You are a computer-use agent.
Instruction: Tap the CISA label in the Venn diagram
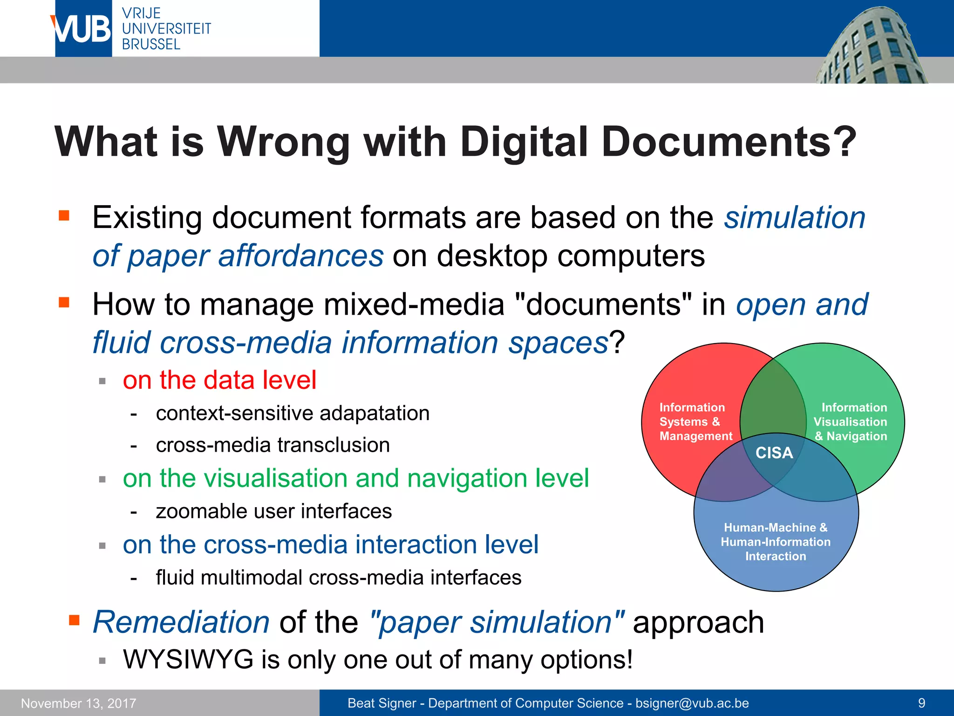coord(774,453)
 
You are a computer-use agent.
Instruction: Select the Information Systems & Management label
coord(695,422)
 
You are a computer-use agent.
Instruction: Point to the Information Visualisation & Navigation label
coord(851,422)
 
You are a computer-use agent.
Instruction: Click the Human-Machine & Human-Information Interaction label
coord(776,542)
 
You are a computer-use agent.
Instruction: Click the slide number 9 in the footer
coord(921,703)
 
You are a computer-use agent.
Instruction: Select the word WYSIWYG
coord(188,660)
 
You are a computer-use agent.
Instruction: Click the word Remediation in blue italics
coord(181,622)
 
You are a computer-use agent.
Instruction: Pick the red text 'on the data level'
coord(219,379)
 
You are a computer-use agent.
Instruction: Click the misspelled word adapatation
coord(375,413)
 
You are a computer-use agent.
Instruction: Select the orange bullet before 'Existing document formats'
coord(64,215)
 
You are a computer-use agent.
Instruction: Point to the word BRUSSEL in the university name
coord(151,44)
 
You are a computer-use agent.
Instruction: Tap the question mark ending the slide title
coord(845,142)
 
